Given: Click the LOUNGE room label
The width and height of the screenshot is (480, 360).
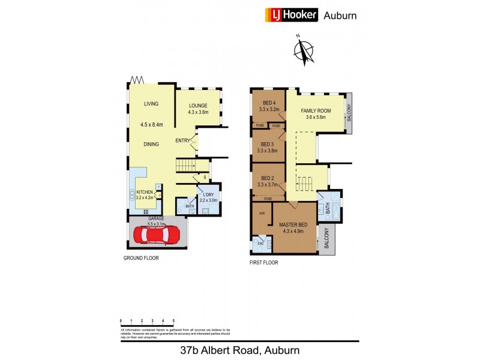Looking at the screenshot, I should click(197, 106).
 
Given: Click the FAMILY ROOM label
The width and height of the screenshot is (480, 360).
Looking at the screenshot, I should click(316, 111).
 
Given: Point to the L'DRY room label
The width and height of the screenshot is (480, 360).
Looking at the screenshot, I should click(208, 196).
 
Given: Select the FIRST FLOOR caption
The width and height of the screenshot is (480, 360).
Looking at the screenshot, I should click(264, 263).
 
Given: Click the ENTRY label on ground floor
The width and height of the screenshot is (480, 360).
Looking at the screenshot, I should click(182, 141).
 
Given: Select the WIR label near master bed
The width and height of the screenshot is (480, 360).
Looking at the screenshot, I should click(262, 213).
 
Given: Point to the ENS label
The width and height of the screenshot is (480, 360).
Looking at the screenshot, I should click(260, 243).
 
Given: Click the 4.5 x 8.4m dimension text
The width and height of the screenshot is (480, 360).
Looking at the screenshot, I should click(151, 125).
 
